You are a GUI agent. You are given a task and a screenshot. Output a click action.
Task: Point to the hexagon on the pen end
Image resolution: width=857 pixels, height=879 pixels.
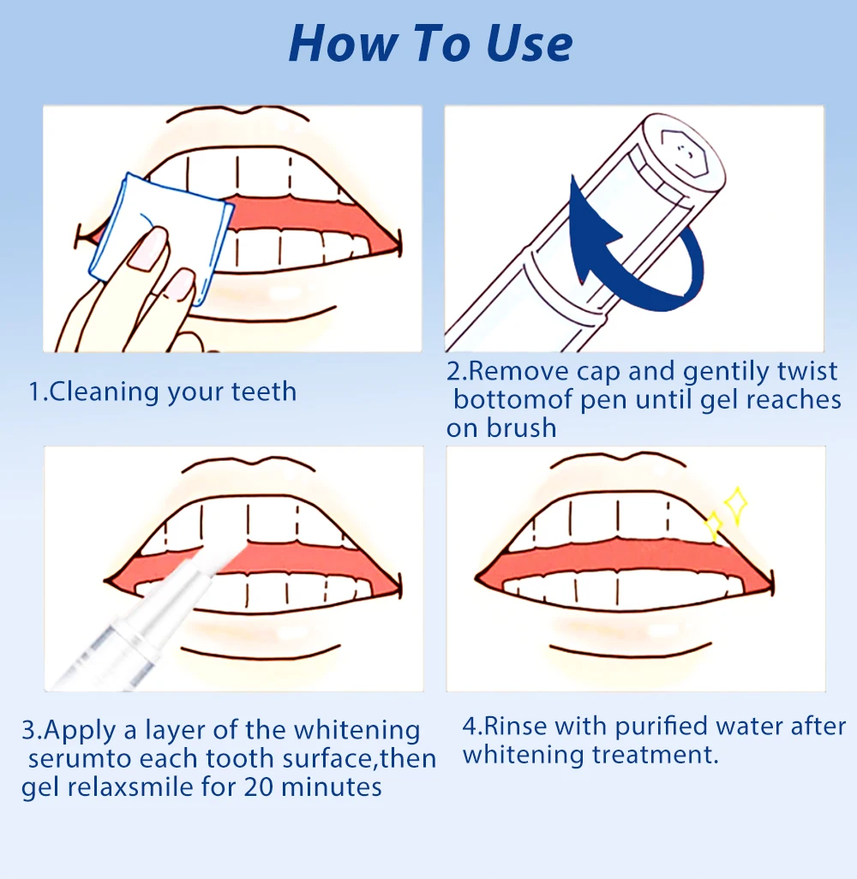684,152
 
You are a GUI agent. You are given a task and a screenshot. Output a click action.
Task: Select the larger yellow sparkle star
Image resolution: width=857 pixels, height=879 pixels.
736,505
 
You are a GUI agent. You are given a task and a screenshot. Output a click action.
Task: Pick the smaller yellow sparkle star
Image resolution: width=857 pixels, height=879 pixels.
713,525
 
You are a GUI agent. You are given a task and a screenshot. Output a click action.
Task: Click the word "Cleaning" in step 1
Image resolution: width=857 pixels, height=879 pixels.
105,392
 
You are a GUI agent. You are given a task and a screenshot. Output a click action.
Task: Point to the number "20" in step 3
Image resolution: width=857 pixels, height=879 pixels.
258,787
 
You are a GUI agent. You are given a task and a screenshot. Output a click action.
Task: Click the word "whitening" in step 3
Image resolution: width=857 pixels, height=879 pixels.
357,731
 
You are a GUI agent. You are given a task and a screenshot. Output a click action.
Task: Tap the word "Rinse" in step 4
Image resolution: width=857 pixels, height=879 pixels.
515,727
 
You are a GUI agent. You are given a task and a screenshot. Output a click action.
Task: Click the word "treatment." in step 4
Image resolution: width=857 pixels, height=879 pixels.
655,755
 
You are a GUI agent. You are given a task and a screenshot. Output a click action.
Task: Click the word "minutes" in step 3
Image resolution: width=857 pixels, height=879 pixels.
332,787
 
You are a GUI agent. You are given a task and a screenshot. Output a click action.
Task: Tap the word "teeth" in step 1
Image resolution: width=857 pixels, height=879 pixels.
264,392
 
